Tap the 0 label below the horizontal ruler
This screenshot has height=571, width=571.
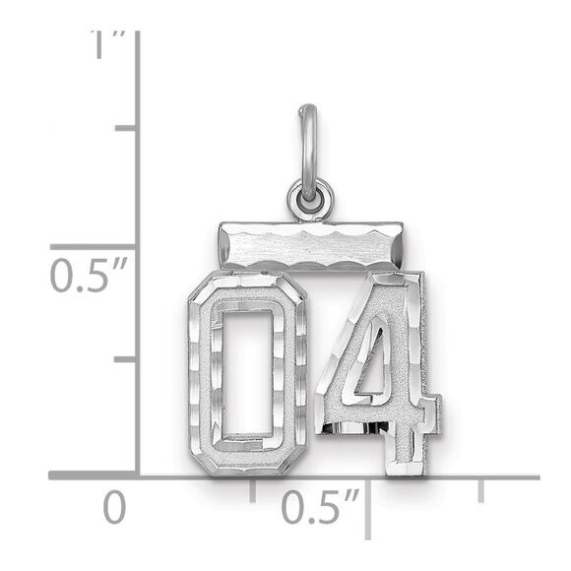pos(116,509)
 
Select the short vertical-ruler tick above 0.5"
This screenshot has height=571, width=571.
pos(125,128)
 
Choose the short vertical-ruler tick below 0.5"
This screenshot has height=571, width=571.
pos(125,360)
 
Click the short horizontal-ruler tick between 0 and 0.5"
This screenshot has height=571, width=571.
pos(252,489)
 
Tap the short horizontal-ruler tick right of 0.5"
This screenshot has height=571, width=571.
pos(480,489)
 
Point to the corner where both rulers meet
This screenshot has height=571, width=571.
pos(138,477)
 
